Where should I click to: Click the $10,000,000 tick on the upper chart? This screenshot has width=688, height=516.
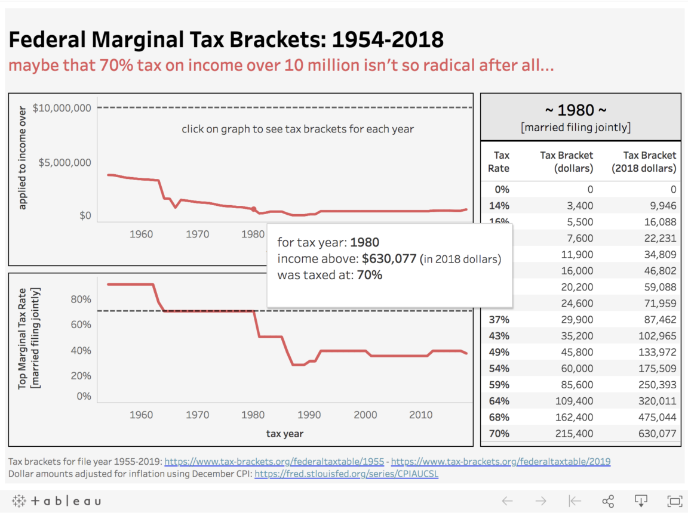[x=62, y=108]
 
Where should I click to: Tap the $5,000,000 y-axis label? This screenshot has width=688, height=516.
[x=65, y=162]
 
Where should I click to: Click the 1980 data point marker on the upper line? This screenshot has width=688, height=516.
[x=253, y=209]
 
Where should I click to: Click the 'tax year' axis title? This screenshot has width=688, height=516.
[x=284, y=434]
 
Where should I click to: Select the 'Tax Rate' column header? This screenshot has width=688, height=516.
[x=499, y=162]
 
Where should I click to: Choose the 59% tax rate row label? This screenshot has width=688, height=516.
[x=499, y=385]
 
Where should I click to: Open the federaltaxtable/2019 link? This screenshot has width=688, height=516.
[x=500, y=462]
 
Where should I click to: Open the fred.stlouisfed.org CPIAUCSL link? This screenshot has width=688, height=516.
[x=346, y=475]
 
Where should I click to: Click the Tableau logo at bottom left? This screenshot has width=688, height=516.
[x=56, y=501]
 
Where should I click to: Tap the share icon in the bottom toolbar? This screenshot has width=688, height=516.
[x=608, y=501]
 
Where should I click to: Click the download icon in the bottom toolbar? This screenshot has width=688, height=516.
[x=641, y=501]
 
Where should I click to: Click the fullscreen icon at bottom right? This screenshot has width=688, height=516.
[x=674, y=501]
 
